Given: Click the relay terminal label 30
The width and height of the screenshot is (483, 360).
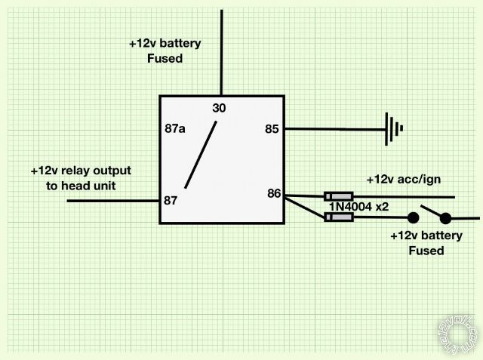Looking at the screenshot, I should [x=219, y=109].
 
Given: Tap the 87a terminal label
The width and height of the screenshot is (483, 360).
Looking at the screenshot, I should [x=175, y=128].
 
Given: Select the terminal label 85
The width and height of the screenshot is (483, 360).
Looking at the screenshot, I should [x=272, y=129].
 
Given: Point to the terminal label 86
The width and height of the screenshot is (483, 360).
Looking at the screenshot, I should [x=273, y=194].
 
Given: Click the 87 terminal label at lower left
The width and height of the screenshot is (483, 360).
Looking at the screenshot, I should [x=171, y=201].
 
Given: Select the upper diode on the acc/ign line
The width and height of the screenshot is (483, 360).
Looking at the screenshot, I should [x=338, y=196].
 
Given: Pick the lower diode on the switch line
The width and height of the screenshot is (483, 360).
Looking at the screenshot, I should [x=338, y=217].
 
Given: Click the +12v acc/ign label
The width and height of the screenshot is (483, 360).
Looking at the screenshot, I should [x=403, y=180].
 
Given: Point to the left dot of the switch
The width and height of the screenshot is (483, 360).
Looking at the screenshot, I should [x=414, y=218].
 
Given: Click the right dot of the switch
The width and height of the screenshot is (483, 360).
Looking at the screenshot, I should [x=445, y=218].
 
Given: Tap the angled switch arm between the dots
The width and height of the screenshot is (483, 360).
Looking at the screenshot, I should [x=432, y=211].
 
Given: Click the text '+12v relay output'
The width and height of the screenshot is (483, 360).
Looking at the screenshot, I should [x=81, y=171].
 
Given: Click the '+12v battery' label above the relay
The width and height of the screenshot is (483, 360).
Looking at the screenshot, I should [x=165, y=43].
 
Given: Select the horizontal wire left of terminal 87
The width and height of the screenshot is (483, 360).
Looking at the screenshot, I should [x=113, y=201].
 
